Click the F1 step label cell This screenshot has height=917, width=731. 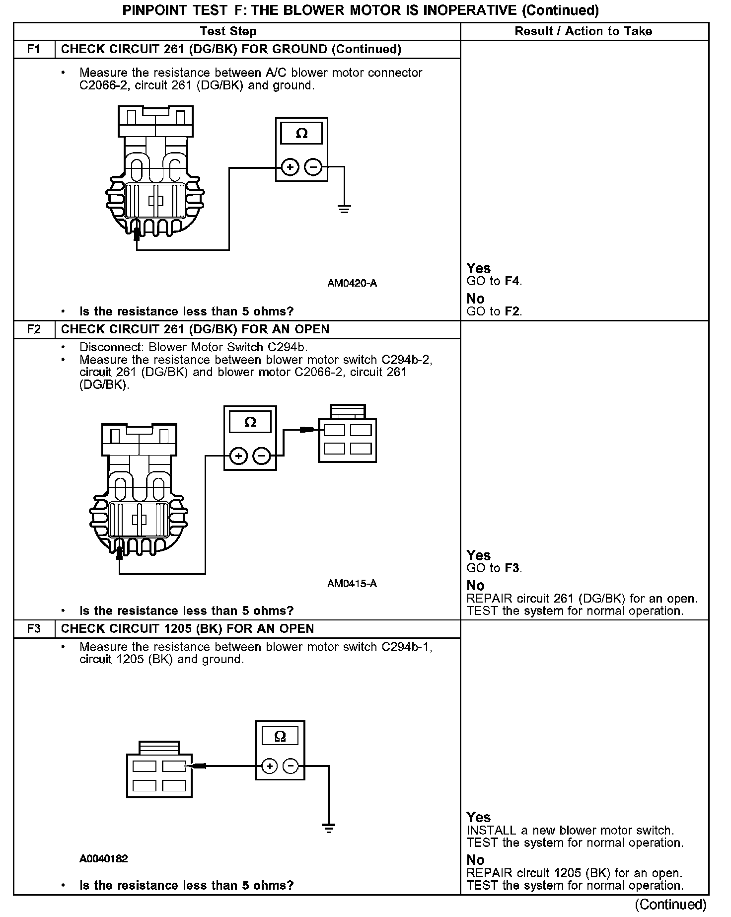click(34, 49)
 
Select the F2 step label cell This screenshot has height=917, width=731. click(34, 329)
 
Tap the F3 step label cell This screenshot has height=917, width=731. click(34, 629)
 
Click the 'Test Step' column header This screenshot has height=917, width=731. click(228, 31)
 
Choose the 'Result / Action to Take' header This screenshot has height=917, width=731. click(584, 31)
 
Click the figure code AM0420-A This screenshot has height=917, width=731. click(352, 283)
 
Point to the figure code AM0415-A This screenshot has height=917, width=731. click(352, 583)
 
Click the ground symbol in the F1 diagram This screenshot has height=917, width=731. click(344, 209)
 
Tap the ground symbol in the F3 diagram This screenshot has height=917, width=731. click(328, 827)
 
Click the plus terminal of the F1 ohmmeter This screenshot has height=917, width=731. click(290, 167)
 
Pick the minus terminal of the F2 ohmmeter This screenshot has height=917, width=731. click(262, 455)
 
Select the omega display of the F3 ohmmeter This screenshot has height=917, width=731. click(280, 736)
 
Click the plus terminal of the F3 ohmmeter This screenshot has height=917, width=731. click(269, 766)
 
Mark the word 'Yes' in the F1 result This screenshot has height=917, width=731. click(479, 268)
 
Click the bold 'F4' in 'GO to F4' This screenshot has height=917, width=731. click(512, 281)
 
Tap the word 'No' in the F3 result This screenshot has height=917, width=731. click(475, 860)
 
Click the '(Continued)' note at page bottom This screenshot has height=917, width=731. click(670, 904)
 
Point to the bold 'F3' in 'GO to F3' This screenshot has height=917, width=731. click(512, 568)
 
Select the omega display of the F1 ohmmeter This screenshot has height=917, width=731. click(301, 134)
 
